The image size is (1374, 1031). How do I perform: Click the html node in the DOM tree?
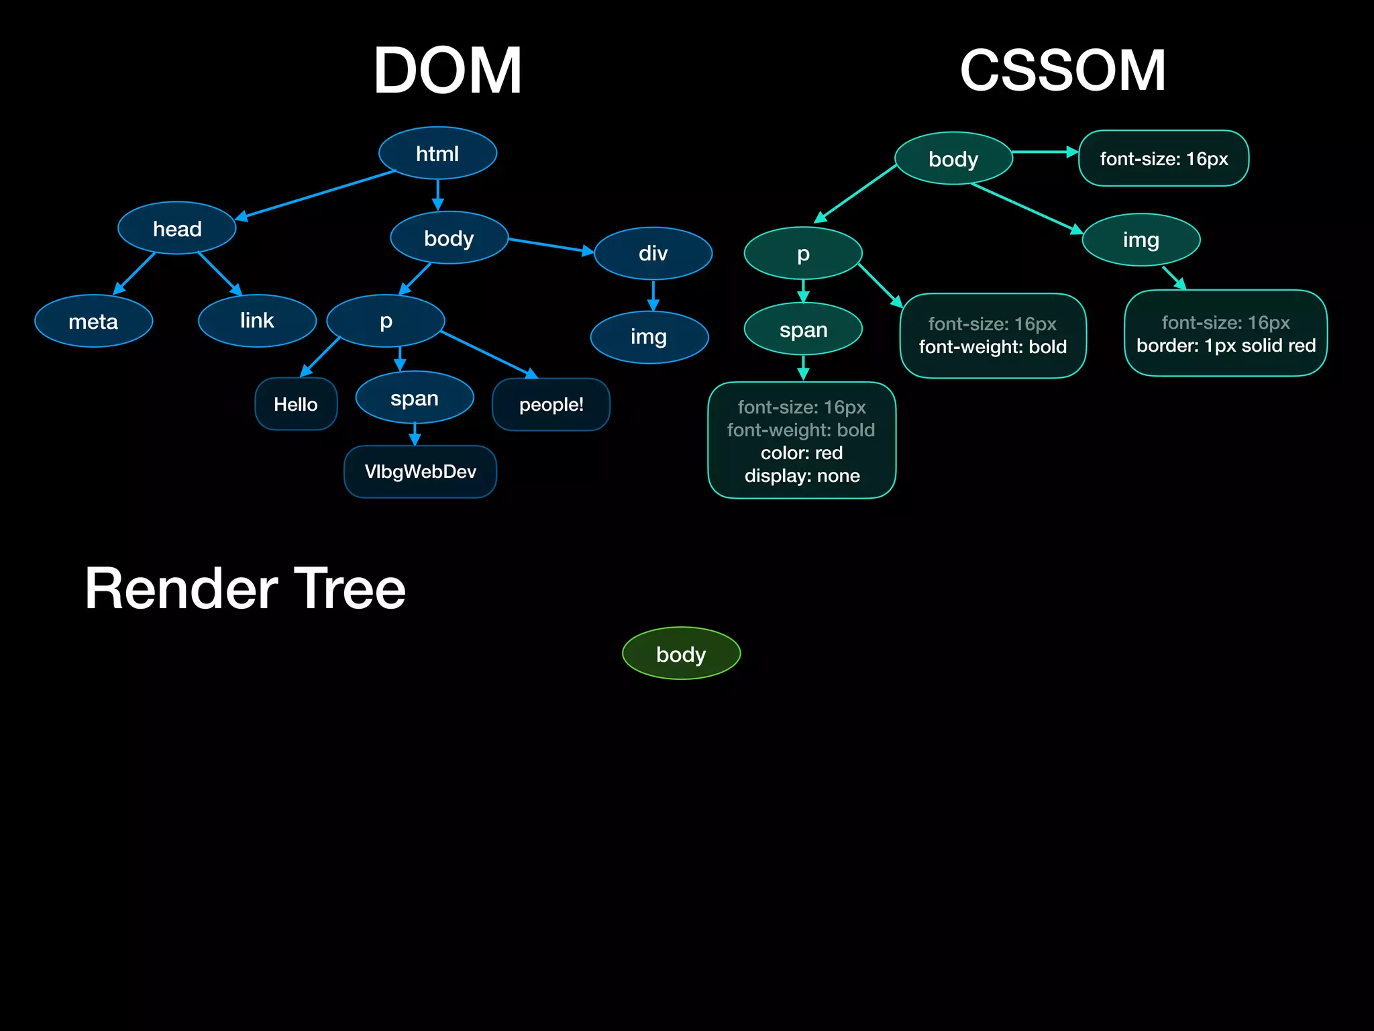click(437, 154)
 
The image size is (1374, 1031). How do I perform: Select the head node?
click(177, 229)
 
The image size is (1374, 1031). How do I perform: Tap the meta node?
click(94, 322)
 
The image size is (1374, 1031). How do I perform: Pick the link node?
click(258, 321)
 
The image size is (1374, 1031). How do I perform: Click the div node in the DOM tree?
click(653, 254)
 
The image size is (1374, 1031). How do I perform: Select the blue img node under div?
click(649, 337)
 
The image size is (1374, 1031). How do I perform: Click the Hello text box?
click(296, 404)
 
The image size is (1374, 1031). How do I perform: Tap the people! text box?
click(551, 405)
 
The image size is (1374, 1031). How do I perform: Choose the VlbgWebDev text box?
click(420, 472)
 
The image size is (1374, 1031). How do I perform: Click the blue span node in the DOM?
click(415, 398)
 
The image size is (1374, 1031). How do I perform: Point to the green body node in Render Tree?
click(681, 654)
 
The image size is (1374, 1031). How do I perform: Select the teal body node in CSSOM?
click(953, 159)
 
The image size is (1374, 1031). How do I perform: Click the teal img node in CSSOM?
click(1141, 240)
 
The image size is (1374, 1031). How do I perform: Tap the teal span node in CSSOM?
click(803, 330)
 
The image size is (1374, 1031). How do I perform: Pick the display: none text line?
click(802, 476)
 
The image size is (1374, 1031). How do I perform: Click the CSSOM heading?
click(1063, 70)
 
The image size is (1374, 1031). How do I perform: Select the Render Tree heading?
click(245, 589)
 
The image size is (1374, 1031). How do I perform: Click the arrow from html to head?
click(315, 195)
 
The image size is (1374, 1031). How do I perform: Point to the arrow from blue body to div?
click(550, 245)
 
